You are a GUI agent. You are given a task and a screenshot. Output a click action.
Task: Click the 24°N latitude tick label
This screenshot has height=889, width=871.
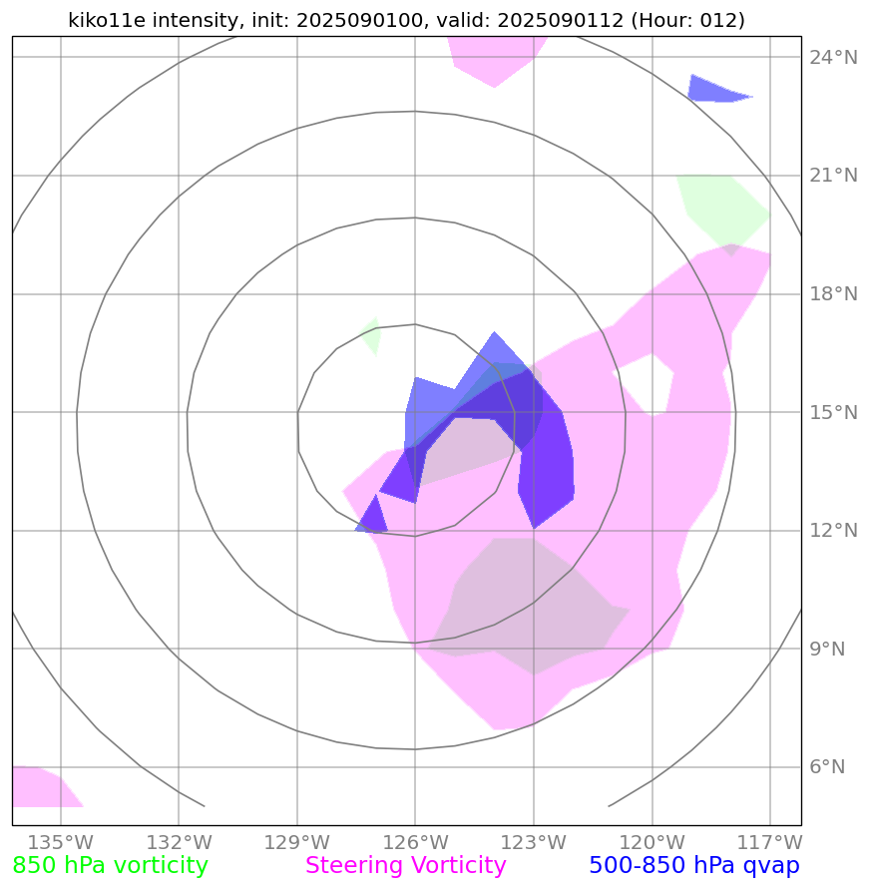click(x=832, y=57)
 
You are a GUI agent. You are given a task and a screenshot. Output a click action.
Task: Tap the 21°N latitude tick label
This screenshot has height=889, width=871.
click(x=832, y=176)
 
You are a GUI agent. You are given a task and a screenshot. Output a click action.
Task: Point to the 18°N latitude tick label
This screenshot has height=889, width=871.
click(x=832, y=294)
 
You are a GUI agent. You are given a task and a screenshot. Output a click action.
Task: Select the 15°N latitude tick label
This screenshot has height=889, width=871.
click(x=832, y=412)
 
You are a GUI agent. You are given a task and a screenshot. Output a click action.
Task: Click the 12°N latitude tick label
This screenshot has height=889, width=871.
click(x=832, y=531)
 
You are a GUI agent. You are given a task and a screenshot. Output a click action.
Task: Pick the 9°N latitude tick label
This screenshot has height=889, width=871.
click(x=828, y=650)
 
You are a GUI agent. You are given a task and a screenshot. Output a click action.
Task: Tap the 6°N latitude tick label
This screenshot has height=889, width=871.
click(x=828, y=767)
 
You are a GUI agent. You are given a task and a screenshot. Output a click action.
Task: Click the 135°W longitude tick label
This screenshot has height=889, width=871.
click(x=60, y=841)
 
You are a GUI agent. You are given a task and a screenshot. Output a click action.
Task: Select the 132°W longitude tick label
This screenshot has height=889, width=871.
click(x=179, y=841)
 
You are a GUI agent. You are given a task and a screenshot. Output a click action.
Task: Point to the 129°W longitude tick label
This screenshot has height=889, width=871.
click(x=296, y=841)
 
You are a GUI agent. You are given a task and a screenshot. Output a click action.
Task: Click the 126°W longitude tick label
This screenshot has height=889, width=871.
click(x=415, y=841)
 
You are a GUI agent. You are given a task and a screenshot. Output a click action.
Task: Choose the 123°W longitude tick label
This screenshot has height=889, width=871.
click(x=534, y=841)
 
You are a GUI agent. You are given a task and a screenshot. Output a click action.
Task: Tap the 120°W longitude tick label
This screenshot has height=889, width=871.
click(x=653, y=841)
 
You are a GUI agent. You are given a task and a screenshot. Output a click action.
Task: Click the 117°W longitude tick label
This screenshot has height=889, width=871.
click(x=771, y=841)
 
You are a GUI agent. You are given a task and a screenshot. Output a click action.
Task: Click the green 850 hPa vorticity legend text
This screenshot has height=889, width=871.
click(x=111, y=866)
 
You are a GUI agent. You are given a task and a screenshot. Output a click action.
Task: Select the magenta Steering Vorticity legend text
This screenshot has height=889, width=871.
click(x=406, y=866)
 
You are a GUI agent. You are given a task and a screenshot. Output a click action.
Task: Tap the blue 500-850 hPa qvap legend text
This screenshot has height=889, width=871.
click(x=694, y=866)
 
